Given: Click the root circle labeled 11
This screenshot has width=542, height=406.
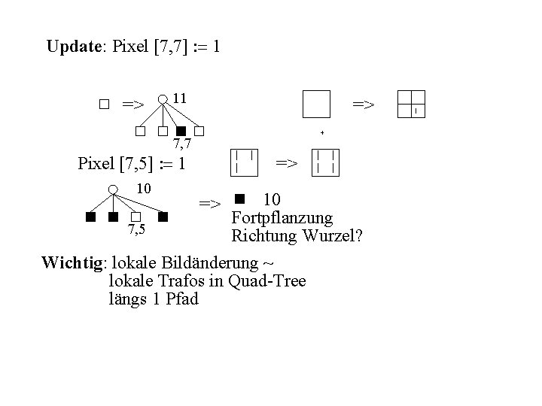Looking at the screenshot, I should (x=163, y=98).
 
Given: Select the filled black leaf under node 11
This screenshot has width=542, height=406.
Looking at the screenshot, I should (x=181, y=132).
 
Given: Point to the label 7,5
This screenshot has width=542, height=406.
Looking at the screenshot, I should (x=136, y=229).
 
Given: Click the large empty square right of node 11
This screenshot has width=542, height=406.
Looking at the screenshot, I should (x=316, y=104).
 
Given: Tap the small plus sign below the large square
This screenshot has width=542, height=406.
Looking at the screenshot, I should (x=321, y=132).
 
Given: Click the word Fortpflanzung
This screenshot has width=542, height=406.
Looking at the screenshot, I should (x=282, y=218).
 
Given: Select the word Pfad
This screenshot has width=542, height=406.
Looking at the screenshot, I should (x=183, y=299).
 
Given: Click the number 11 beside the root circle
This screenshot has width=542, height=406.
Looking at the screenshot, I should (x=179, y=98).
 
